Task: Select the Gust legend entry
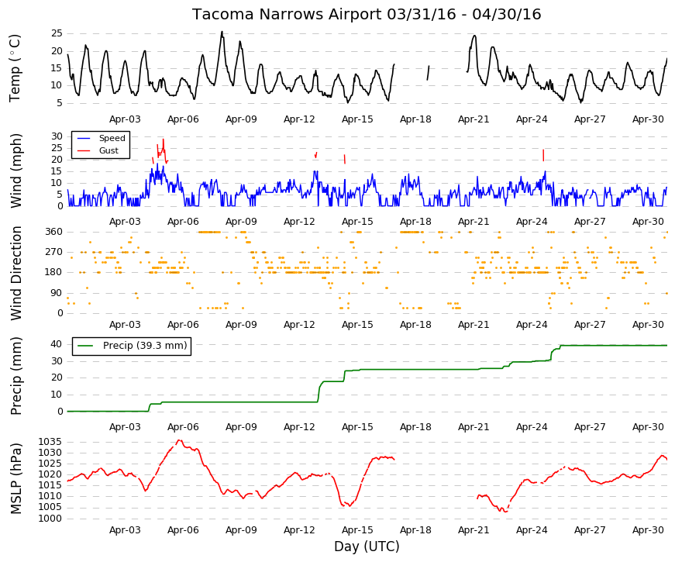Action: coord(98,150)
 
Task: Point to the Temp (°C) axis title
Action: coord(15,68)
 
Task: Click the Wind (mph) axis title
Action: coord(16,171)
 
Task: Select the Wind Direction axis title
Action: coord(16,273)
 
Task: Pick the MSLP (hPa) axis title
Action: coord(16,478)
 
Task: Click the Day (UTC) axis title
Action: coord(367,546)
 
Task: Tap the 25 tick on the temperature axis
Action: coord(57,33)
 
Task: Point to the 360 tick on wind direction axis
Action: coord(53,232)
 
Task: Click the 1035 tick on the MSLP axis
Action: coord(50,442)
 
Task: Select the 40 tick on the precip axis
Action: coord(57,344)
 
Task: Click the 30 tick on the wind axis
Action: coord(57,136)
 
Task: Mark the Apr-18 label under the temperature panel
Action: coord(415,119)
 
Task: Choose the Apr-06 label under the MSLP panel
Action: coord(183,530)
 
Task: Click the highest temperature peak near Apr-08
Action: coord(222,32)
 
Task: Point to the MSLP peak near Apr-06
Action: coord(180,440)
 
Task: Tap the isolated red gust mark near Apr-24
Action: coord(543,155)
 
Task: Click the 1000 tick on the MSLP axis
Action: coord(50,519)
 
